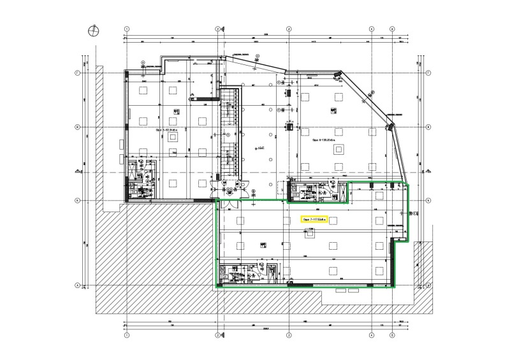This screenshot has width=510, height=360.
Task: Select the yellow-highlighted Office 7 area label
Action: click(x=314, y=220)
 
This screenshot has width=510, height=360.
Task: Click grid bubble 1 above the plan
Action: click(x=127, y=29)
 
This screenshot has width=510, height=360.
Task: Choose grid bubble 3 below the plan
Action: click(x=288, y=335)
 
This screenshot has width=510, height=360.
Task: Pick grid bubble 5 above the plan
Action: click(x=392, y=29)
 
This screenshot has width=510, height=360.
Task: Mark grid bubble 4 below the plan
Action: click(x=372, y=335)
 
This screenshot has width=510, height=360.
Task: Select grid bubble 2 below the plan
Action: click(x=217, y=335)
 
